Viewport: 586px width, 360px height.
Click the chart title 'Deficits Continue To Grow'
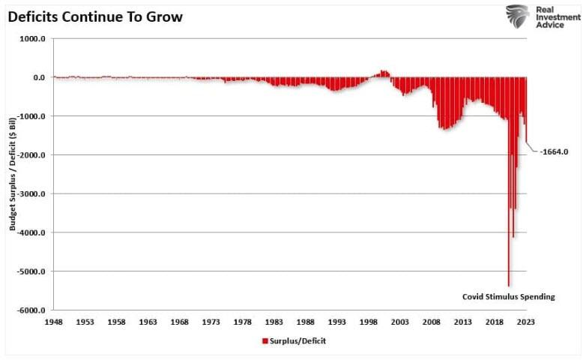tap(95, 16)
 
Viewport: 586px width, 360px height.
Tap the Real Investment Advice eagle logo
tap(518, 16)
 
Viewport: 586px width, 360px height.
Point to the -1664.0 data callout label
tap(556, 151)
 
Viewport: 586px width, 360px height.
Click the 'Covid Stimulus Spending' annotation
tap(508, 297)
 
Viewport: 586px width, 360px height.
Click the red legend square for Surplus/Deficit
tap(265, 340)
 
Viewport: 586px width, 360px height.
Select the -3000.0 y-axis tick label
tap(33, 193)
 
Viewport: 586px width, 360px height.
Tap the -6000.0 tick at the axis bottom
tap(33, 310)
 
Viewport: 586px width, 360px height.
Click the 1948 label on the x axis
tap(53, 321)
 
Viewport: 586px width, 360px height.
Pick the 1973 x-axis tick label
tap(211, 321)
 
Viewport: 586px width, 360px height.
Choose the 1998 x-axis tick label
tap(368, 321)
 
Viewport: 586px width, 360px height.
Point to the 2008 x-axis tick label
tap(431, 321)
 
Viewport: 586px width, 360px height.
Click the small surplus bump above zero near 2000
tap(384, 73)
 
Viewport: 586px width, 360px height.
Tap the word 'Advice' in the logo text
tap(550, 25)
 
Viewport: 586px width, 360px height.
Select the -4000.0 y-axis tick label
tap(33, 232)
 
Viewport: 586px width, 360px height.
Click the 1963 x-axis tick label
tap(148, 321)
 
